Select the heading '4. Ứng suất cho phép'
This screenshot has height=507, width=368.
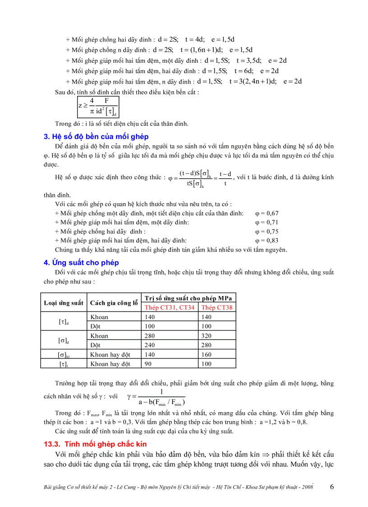click(x=81, y=262)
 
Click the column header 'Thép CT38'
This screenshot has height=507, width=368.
click(x=216, y=307)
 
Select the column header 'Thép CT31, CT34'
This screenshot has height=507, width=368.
click(x=170, y=307)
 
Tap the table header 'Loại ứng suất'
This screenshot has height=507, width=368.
click(x=63, y=303)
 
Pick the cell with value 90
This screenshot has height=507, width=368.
click(x=149, y=363)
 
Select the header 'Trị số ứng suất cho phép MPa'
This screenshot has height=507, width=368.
click(x=188, y=298)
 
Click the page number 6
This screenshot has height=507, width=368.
click(x=332, y=487)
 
